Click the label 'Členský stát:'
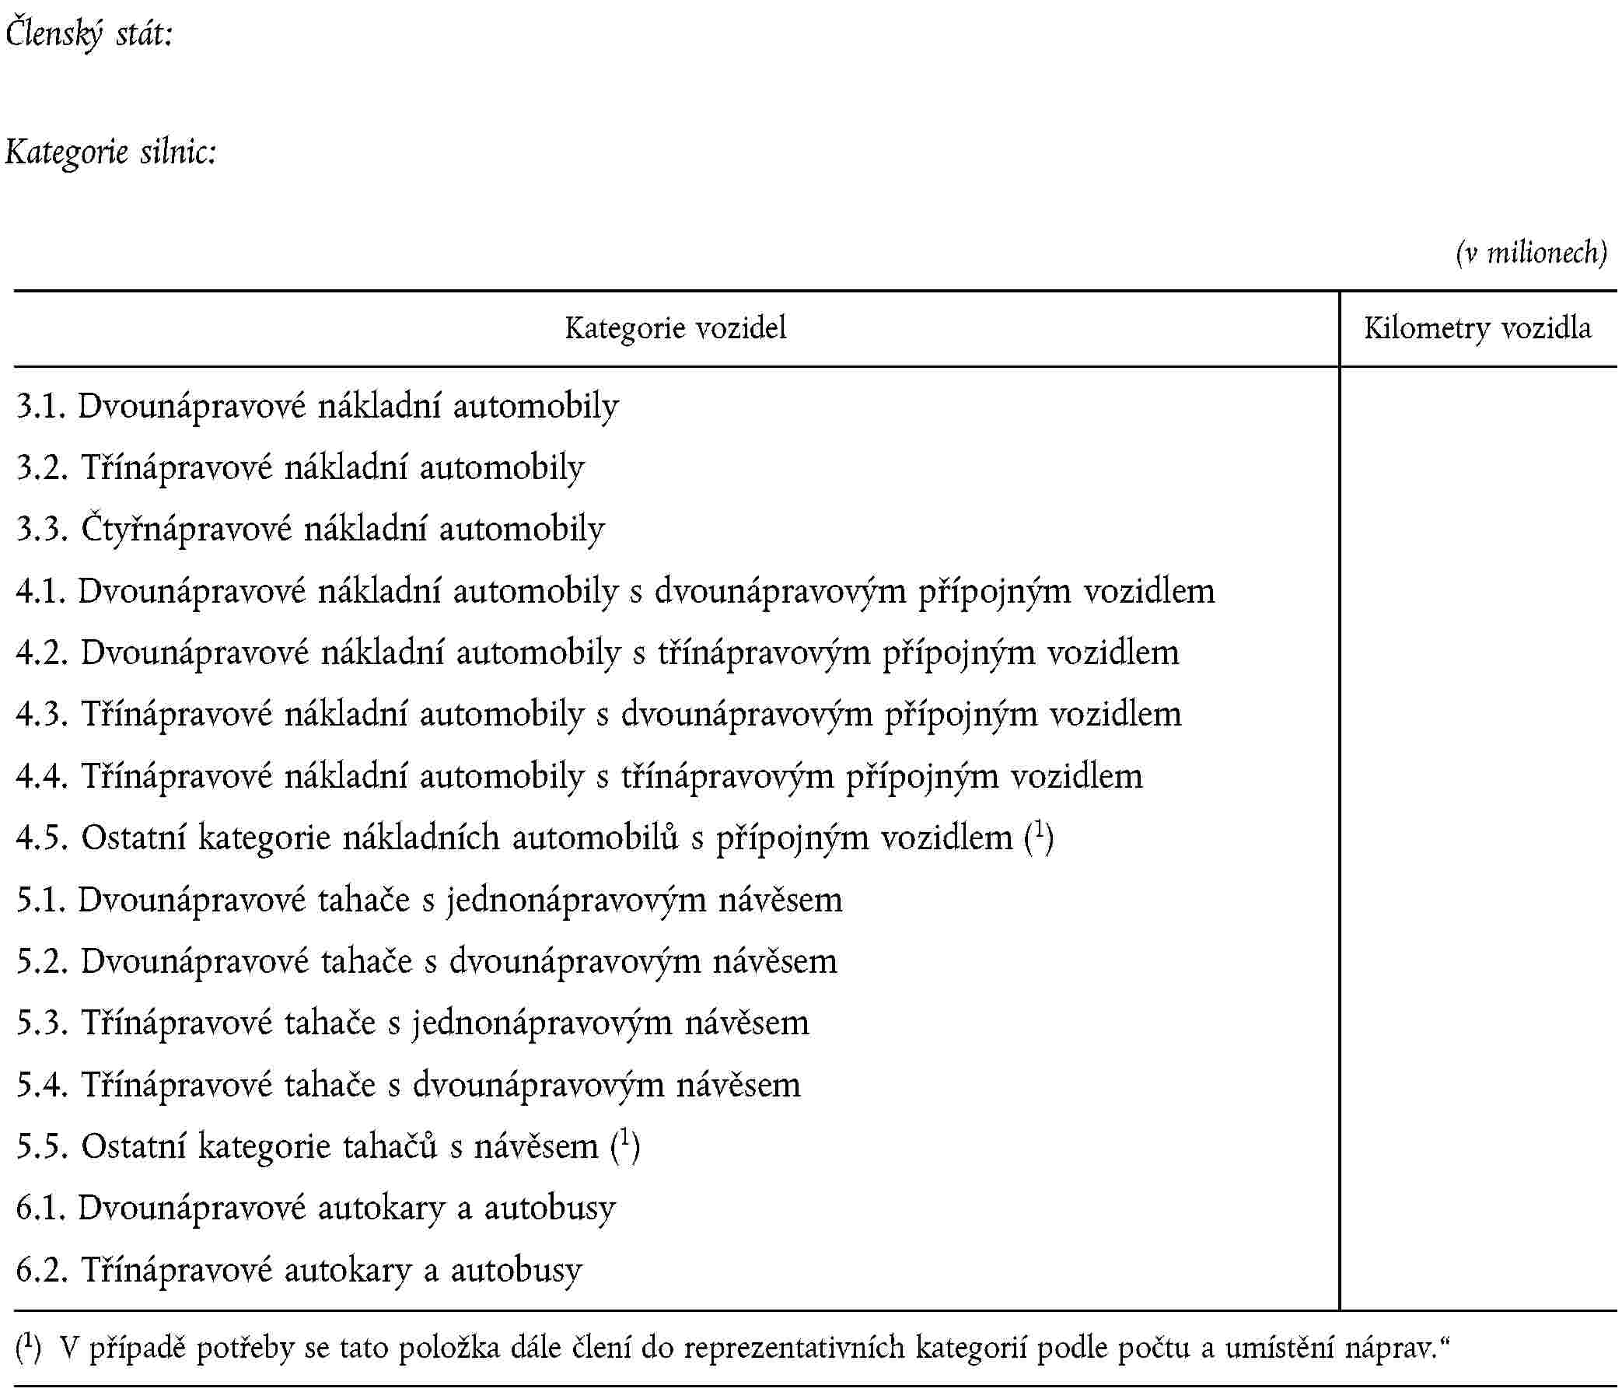coord(89,35)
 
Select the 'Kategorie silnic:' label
coord(110,152)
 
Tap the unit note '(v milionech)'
coord(1530,253)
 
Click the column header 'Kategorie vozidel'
coord(676,328)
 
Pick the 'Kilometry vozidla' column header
coord(1477,328)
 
